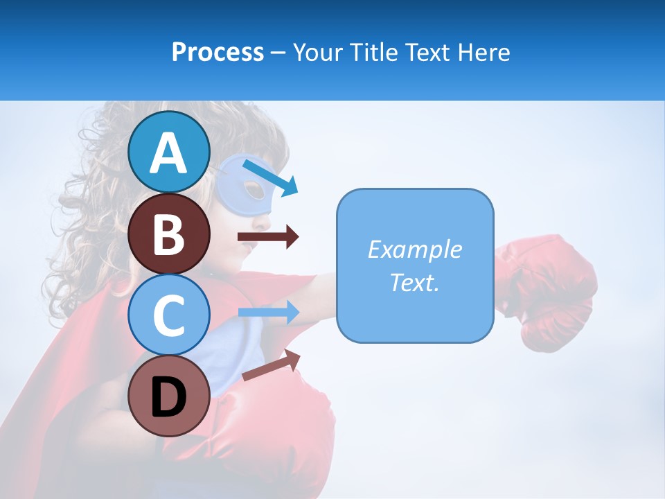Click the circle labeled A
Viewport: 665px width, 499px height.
tap(168, 152)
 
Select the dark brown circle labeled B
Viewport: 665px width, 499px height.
tap(168, 234)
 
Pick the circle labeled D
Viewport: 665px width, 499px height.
tap(168, 396)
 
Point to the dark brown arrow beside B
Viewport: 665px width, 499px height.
tap(268, 237)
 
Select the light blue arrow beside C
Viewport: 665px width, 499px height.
tap(269, 313)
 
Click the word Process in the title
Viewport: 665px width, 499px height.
tap(218, 52)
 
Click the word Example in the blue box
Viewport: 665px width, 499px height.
tap(414, 249)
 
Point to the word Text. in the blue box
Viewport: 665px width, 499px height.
tap(414, 282)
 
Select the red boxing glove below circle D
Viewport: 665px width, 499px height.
tap(277, 430)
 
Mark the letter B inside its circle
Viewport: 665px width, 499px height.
tap(168, 234)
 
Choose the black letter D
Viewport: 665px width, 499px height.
tap(168, 397)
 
